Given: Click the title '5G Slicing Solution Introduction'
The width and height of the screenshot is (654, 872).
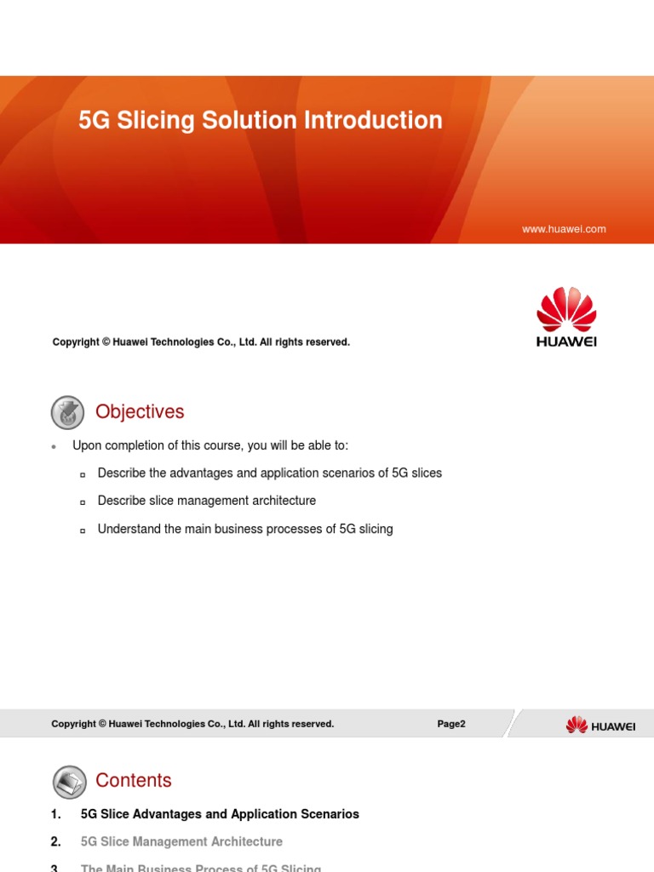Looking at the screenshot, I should [x=260, y=120].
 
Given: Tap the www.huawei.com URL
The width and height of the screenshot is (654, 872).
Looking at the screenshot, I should [x=563, y=229].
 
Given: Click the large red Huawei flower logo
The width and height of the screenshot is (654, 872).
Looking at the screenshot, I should [x=565, y=311].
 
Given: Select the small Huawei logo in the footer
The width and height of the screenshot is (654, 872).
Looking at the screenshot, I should [x=600, y=725].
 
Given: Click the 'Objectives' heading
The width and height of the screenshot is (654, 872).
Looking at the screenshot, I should [x=140, y=411].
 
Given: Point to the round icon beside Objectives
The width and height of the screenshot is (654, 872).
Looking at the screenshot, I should [x=68, y=412].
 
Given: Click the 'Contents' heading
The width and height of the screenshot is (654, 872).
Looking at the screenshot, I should [x=134, y=780].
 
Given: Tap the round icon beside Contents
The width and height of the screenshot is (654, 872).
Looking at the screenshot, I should [x=68, y=781].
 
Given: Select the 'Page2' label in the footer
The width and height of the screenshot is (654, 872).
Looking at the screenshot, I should [x=451, y=724].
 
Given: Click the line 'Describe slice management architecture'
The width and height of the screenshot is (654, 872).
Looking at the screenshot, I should [x=206, y=501].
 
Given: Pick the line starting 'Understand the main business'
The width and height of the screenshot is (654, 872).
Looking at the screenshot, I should [x=245, y=529].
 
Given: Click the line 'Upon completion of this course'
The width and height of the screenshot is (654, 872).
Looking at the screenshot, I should [x=209, y=445].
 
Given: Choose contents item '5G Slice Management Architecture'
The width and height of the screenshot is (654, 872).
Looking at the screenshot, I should [x=181, y=841].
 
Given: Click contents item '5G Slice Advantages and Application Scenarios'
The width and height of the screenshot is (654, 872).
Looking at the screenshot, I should [x=220, y=814].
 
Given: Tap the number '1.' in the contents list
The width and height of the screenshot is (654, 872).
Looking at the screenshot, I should [x=56, y=814].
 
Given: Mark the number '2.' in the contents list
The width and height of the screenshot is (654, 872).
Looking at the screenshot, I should [x=56, y=841].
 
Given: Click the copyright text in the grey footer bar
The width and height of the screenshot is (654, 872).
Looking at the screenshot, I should [x=192, y=724].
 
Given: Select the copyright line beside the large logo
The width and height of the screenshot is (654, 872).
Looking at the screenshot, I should [x=201, y=341].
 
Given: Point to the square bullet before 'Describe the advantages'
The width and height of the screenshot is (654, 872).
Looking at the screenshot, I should [x=83, y=474].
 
